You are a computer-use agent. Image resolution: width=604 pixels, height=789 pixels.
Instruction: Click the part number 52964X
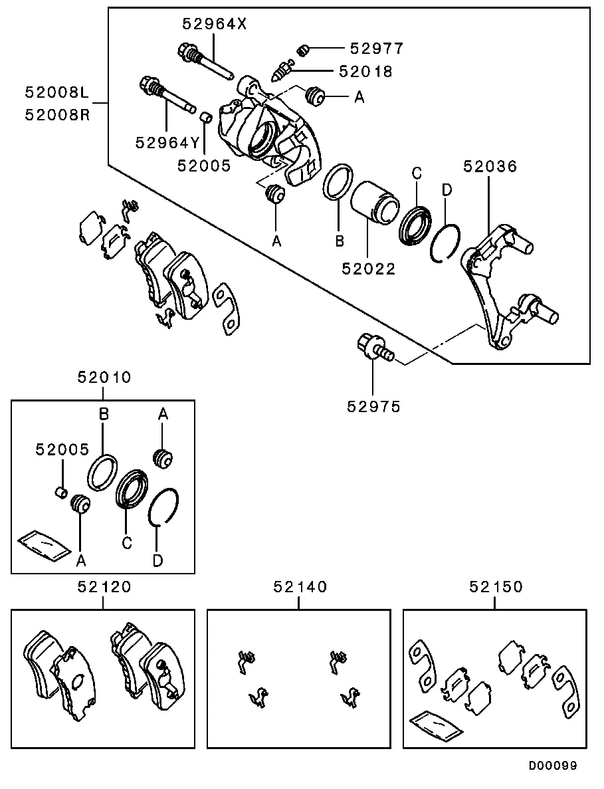pos(215,25)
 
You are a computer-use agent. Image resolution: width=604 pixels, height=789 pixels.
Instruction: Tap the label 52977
pos(376,49)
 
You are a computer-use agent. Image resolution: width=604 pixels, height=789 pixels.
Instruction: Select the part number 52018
pos(365,70)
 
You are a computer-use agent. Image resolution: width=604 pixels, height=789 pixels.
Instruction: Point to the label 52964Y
pos(167,142)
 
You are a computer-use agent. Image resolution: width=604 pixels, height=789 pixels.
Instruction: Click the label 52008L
pos(57,93)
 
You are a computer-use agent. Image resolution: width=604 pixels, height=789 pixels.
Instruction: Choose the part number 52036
pos(490,166)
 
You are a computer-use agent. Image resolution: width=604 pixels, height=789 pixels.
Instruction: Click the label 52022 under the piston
pos(369,269)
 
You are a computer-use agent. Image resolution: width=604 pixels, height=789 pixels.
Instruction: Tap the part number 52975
pos(373,406)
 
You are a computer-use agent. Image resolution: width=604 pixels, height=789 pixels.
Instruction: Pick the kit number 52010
pos(104,378)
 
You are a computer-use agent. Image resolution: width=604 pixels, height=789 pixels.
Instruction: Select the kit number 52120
pos(104,586)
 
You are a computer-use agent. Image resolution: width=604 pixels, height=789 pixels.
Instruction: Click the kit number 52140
pos(300,586)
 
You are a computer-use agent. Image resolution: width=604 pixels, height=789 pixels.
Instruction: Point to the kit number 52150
pos(496,586)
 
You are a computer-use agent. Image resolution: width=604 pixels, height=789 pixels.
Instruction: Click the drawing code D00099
pos(553,766)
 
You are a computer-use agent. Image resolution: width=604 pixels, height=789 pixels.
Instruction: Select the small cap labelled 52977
pos(304,49)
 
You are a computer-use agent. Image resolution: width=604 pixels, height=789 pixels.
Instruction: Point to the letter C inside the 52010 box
pos(126,543)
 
